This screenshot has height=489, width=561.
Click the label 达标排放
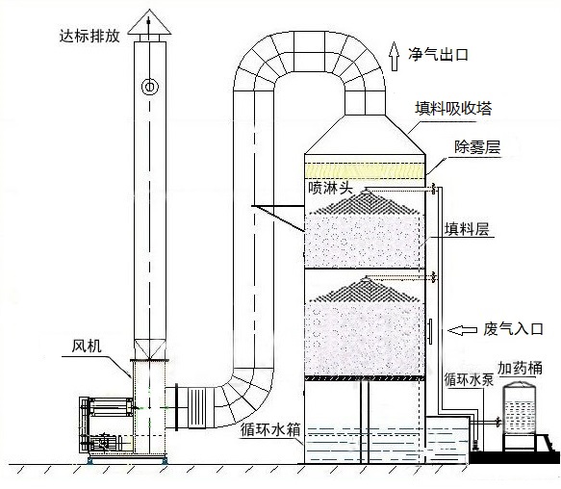89,37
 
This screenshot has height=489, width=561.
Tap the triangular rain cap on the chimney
149,23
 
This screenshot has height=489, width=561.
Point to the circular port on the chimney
150,87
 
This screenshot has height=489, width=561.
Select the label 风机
87,346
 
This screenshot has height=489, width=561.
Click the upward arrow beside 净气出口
395,56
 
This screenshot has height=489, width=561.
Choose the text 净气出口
438,55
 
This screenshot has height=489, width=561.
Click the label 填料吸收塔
453,108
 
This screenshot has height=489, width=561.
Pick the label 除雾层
477,146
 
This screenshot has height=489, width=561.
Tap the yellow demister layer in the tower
365,169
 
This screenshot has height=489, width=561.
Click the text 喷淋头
331,188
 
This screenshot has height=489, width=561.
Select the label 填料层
467,229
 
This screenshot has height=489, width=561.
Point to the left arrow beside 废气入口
462,330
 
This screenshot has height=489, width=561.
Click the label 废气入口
514,329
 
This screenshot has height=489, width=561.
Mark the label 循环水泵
469,379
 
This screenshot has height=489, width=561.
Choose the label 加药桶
520,368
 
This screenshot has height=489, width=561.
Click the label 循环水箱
270,429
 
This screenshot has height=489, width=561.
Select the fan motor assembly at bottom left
107,425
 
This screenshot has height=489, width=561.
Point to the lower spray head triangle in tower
365,289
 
